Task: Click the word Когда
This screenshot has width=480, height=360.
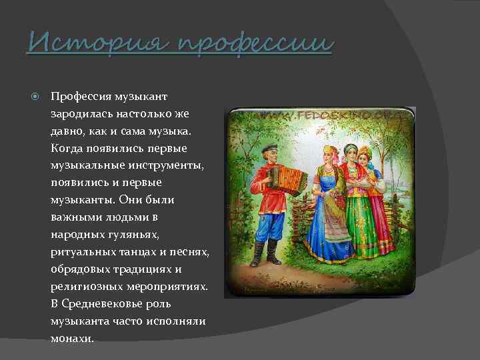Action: click(x=67, y=148)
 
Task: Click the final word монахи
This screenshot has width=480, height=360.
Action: click(x=72, y=338)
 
